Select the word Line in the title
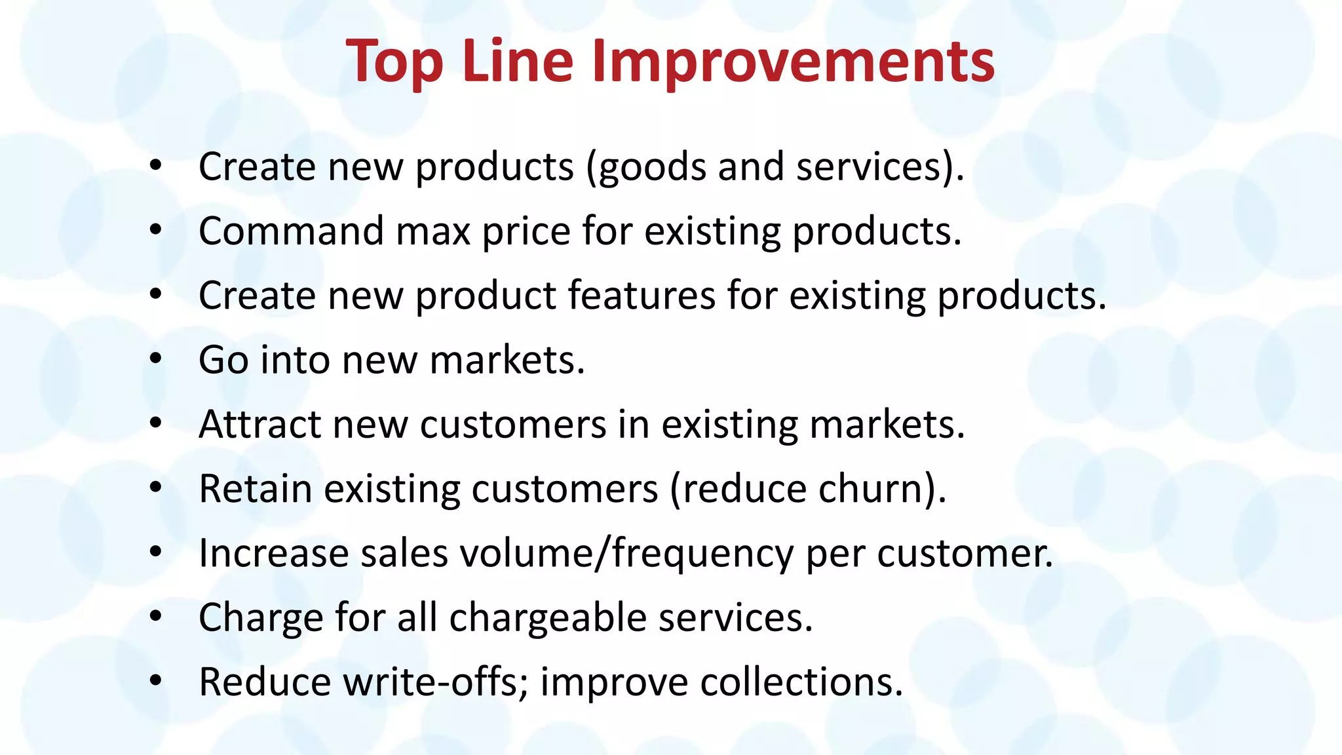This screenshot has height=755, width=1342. (518, 62)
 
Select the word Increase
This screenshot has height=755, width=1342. (274, 553)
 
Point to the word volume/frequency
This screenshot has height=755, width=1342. (626, 554)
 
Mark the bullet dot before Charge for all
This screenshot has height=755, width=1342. (155, 616)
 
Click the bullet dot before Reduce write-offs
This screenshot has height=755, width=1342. (155, 680)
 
